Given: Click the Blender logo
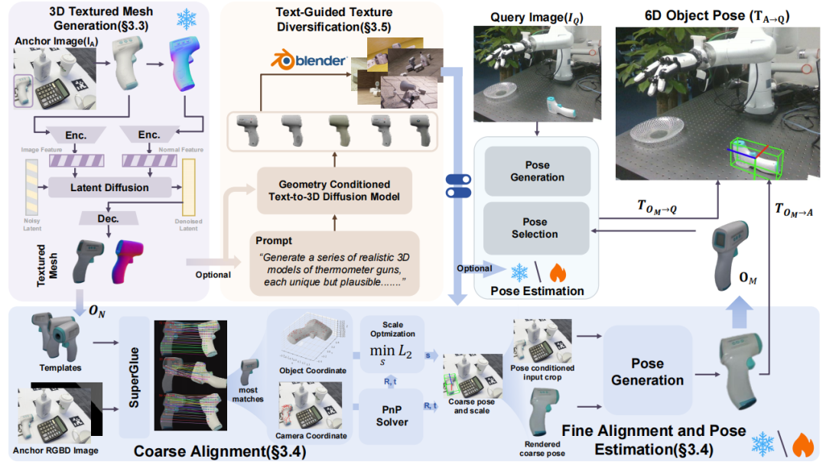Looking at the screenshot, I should point(310,60).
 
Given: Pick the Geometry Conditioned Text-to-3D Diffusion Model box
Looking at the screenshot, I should point(333,191).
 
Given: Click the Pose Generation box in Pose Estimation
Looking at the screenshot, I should point(537,171).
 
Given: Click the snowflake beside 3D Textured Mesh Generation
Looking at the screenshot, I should point(186,19).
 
